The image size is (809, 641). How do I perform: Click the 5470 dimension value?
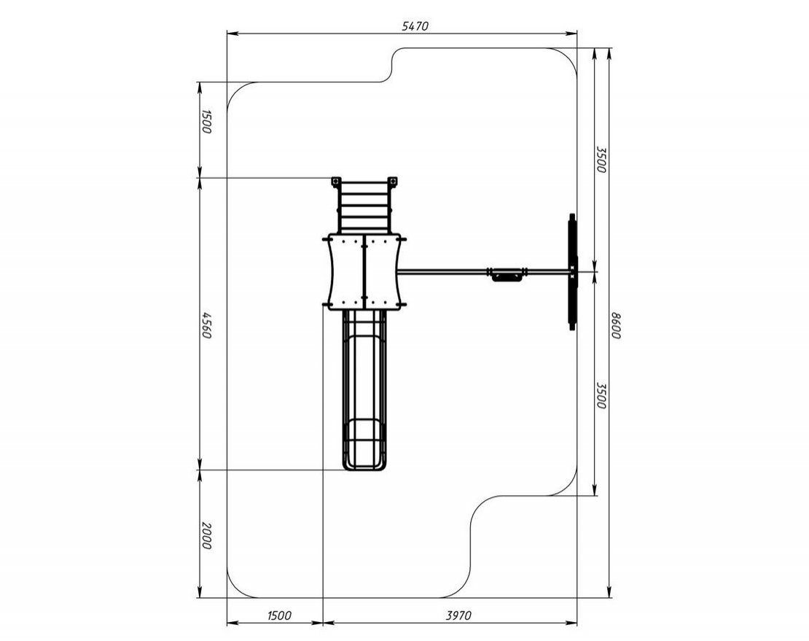point(415,26)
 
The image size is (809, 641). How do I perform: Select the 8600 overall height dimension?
point(616,326)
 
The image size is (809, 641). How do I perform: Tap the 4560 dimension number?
point(206,325)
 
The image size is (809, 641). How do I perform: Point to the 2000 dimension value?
point(206,536)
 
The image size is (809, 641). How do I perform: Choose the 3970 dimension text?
point(458,615)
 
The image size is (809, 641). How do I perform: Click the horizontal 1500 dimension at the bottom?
point(280,615)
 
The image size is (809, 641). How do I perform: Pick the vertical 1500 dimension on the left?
point(206,122)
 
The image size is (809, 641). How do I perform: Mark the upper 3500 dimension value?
point(601,160)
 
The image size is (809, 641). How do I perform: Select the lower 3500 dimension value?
point(601,395)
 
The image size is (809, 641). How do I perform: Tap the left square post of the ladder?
point(336,182)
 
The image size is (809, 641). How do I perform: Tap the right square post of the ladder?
point(394,182)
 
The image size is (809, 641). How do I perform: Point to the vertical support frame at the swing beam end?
point(572,272)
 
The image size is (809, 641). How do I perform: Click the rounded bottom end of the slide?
point(364,466)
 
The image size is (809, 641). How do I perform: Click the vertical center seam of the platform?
point(364,271)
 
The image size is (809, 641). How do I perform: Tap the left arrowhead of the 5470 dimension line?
point(232,34)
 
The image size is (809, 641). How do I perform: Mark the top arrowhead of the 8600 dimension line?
point(610,53)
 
